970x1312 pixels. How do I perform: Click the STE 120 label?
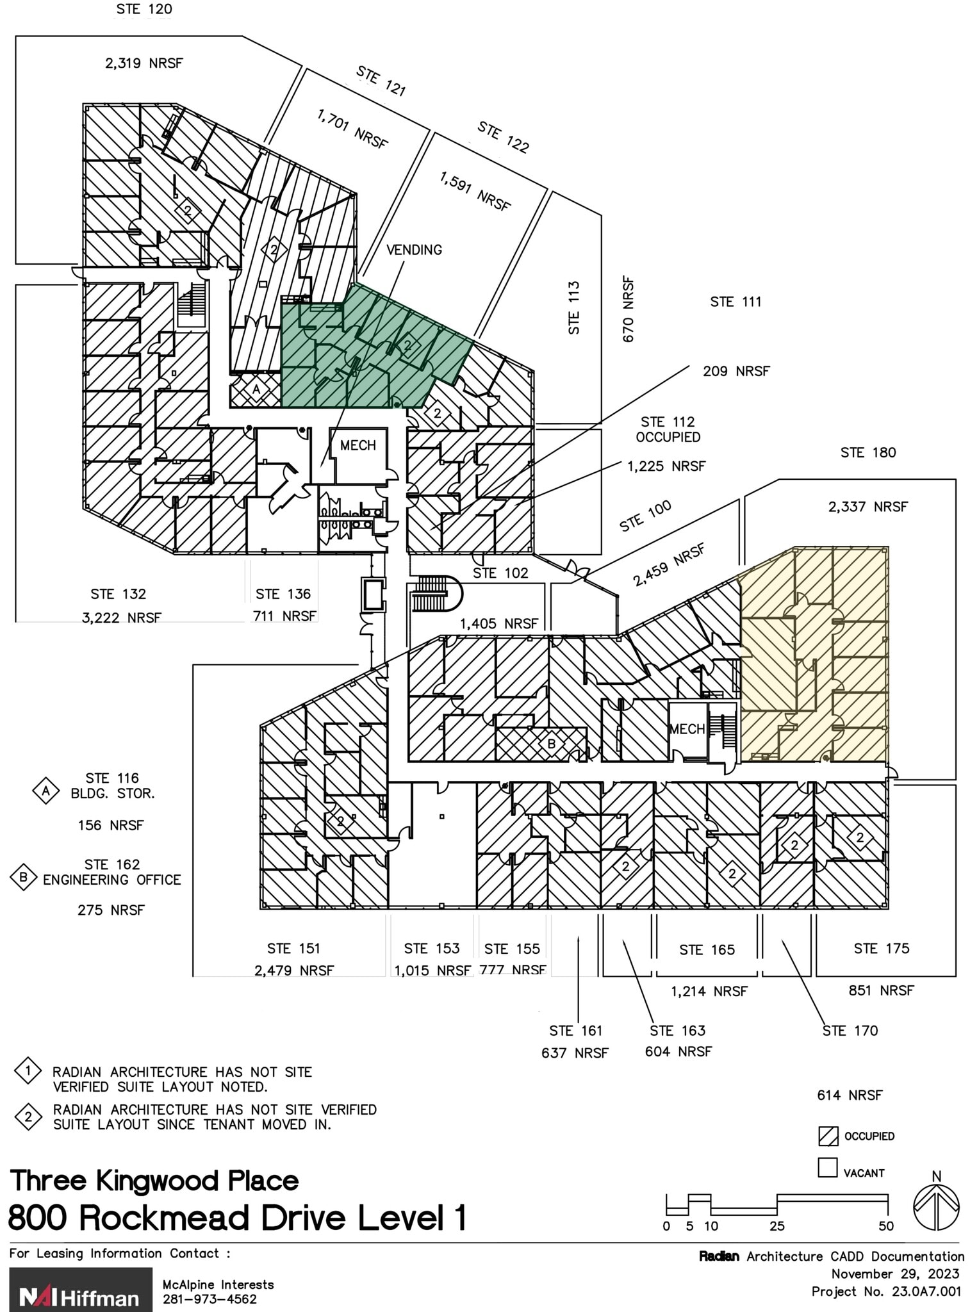coord(144,10)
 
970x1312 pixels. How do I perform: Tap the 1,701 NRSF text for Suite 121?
coord(352,129)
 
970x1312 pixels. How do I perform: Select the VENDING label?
coord(414,250)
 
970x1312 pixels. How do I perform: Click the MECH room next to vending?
coord(358,453)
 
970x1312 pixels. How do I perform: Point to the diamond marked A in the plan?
coord(256,389)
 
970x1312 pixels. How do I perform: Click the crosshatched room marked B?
coord(551,744)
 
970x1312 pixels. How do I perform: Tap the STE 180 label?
coord(868,453)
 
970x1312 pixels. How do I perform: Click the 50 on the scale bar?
coord(886,1226)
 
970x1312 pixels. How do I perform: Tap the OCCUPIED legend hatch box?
coord(828,1136)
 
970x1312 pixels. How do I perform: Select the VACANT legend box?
coord(828,1168)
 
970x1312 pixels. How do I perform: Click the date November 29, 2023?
coord(895,1274)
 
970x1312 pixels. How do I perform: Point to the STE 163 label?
coord(677,1031)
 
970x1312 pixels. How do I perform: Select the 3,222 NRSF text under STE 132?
coord(121,618)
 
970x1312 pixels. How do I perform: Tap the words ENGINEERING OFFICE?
coord(112,880)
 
